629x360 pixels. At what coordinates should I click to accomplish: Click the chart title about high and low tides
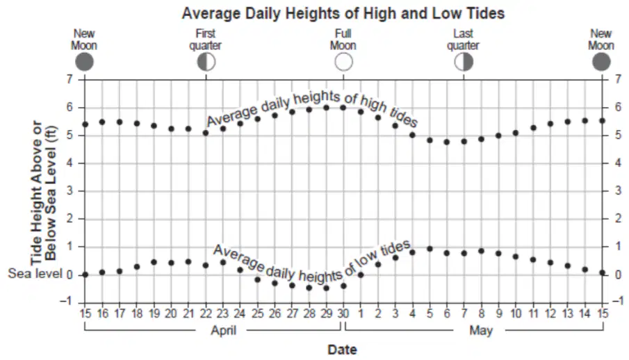point(343,13)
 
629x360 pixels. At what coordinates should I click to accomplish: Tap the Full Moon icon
point(344,63)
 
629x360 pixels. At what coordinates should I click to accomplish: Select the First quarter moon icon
point(206,63)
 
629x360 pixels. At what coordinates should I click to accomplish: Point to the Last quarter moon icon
point(464,63)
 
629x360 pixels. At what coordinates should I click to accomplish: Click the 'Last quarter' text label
point(464,40)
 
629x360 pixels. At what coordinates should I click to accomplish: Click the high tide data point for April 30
point(343,108)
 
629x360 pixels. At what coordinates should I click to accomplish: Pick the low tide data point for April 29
point(326,288)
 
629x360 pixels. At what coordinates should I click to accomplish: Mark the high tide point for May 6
point(446,142)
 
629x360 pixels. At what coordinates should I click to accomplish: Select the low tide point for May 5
point(430,249)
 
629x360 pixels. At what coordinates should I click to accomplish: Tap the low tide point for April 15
point(85,275)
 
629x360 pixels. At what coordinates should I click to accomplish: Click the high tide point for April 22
point(206,133)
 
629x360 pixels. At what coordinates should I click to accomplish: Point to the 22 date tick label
point(206,313)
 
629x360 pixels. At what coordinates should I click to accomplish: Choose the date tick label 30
point(343,313)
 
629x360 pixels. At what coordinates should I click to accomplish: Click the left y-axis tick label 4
point(70,163)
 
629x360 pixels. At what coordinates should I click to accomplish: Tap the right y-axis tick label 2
point(618,219)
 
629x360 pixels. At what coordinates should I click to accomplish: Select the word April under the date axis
point(223,330)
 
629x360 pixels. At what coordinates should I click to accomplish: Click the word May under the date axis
point(481,331)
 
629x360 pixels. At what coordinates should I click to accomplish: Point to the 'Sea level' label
point(35,274)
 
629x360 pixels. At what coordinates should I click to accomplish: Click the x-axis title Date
point(342,350)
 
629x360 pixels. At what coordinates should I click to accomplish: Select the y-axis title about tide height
point(44,193)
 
